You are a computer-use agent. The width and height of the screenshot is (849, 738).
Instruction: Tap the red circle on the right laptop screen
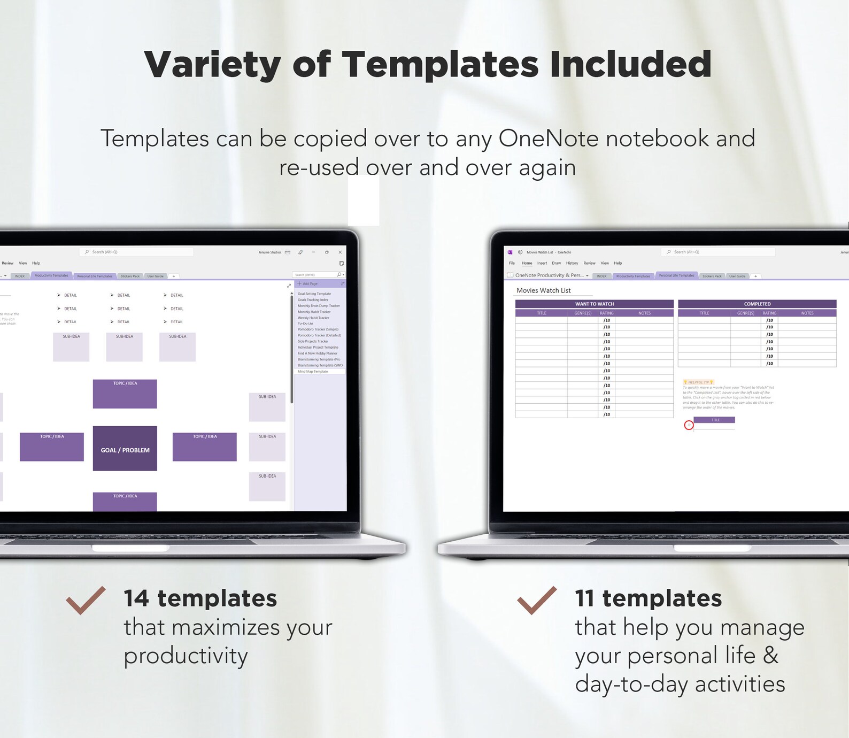point(689,425)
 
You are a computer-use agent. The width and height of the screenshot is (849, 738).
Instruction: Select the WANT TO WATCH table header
point(594,304)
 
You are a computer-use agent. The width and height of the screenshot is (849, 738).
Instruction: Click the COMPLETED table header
point(757,304)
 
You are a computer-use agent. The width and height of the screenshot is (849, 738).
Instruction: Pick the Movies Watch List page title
point(543,290)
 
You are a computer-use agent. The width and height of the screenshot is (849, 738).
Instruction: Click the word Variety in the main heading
point(212,65)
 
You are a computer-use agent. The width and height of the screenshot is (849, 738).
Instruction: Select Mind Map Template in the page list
point(313,371)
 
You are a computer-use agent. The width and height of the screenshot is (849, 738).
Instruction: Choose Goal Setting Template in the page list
point(314,294)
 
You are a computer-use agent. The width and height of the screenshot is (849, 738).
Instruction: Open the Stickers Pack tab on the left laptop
point(130,276)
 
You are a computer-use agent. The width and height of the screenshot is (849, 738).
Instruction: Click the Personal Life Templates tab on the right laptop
point(676,275)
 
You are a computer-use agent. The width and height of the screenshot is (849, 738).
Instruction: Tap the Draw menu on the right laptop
point(556,263)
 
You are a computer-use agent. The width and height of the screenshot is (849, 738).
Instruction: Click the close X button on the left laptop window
point(340,252)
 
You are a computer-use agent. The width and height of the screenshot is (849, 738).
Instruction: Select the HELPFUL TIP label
point(698,382)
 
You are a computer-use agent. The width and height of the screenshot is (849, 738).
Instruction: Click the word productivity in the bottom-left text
point(186,656)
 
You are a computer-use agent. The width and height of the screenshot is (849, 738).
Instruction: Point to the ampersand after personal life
point(770,655)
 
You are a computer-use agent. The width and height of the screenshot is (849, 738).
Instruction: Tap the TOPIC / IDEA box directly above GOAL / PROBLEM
point(125,394)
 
